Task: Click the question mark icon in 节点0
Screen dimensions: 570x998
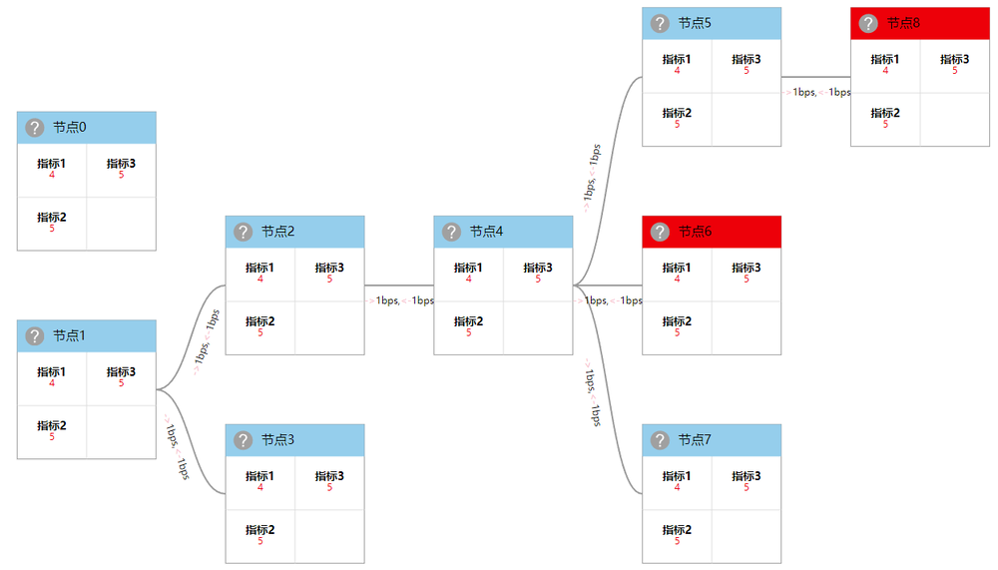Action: click(x=34, y=128)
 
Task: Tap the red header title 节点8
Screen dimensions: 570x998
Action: click(x=903, y=23)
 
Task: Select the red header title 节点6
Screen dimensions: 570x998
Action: click(x=695, y=232)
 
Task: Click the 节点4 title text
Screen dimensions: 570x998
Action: click(x=486, y=232)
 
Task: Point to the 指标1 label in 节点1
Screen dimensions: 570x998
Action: click(x=52, y=371)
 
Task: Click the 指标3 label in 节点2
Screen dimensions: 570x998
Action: click(x=329, y=268)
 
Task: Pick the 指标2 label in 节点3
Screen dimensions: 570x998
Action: click(x=260, y=529)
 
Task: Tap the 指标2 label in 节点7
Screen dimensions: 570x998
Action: click(x=677, y=529)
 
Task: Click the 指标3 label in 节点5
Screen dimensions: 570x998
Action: click(x=747, y=59)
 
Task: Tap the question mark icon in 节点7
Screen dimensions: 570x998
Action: click(x=660, y=440)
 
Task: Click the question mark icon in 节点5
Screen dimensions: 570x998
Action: click(x=660, y=23)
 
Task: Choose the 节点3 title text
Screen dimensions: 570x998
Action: click(x=277, y=440)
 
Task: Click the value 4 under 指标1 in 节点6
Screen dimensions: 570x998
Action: click(x=677, y=279)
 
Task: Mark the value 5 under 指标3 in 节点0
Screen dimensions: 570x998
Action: click(x=122, y=175)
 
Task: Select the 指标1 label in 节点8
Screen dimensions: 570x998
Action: click(x=885, y=59)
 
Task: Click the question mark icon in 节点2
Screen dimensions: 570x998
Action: click(x=243, y=232)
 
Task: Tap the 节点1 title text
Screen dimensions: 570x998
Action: click(x=69, y=335)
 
